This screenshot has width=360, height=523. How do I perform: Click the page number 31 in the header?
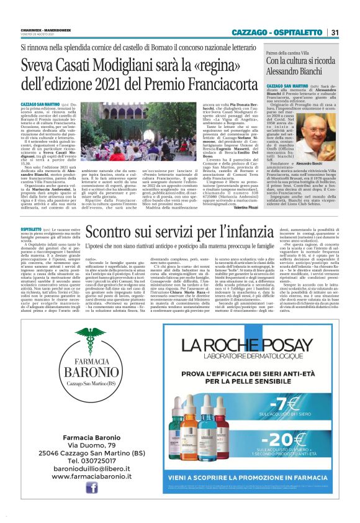pos(335,32)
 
